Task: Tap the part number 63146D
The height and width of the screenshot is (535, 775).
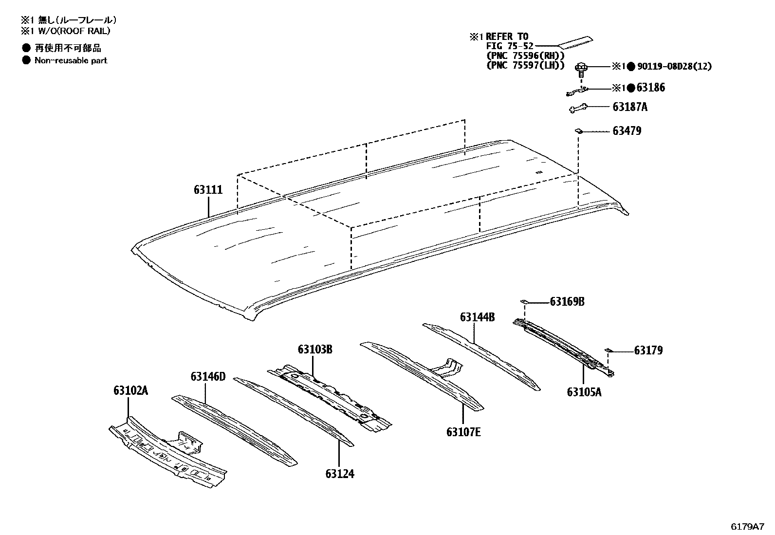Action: pos(208,376)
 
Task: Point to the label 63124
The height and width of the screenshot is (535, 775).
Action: pos(340,474)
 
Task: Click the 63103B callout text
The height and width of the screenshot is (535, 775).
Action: pos(315,349)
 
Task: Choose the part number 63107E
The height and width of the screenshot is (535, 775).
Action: pos(463,432)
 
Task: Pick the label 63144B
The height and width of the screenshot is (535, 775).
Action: pos(477,317)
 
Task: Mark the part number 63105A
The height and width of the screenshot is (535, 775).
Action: pos(584,392)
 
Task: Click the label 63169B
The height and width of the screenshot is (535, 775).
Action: pos(567,302)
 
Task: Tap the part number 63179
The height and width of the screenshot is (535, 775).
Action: pos(648,351)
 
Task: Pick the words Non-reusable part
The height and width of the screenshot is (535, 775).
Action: pos(71,60)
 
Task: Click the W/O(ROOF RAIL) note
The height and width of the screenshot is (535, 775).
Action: pos(72,31)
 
